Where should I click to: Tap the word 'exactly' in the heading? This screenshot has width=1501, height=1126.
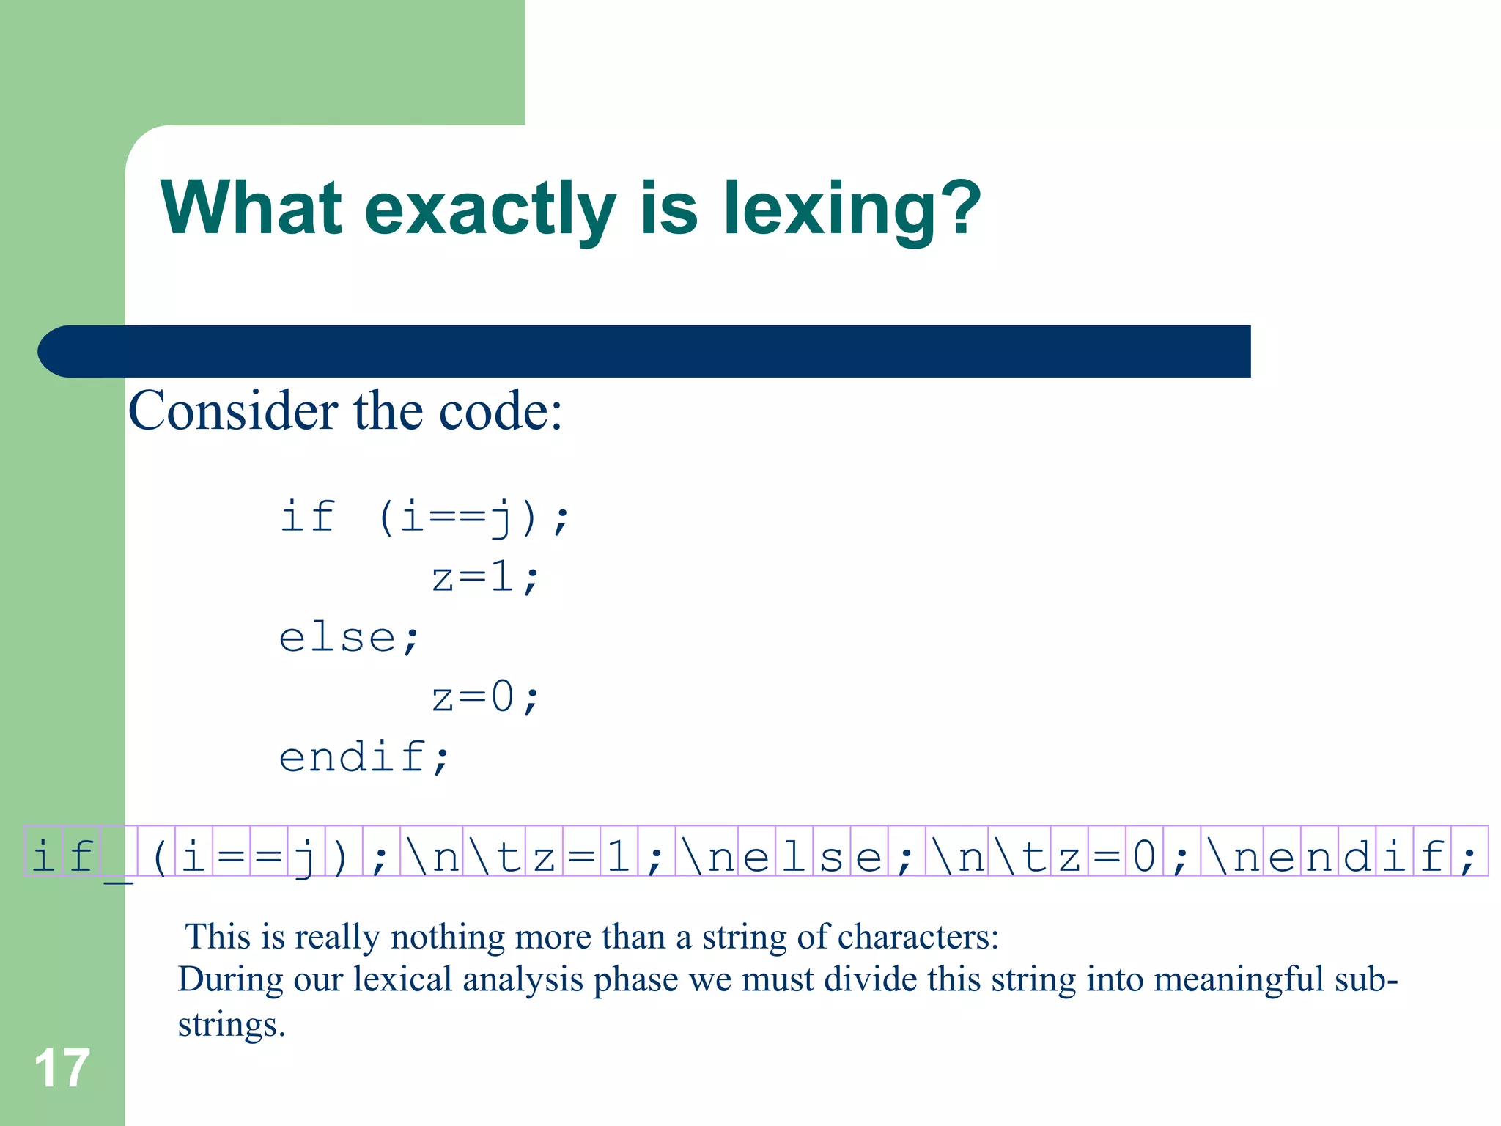tap(490, 210)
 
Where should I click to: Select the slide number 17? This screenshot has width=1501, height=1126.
tap(62, 1068)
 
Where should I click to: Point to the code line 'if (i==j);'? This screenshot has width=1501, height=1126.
tap(424, 517)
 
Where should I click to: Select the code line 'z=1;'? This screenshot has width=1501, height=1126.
tap(485, 577)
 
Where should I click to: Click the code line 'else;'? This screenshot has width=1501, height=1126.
tap(349, 637)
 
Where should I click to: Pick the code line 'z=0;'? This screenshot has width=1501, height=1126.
tap(485, 697)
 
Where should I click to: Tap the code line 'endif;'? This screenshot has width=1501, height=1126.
tap(364, 757)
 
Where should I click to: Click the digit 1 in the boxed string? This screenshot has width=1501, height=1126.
tap(619, 855)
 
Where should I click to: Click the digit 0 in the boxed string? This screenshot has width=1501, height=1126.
tap(1143, 855)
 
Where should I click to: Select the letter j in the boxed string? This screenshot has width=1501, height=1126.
tap(305, 856)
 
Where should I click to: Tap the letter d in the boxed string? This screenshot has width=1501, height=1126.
tap(1357, 855)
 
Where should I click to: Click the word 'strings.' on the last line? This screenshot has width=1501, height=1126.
tap(231, 1025)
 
